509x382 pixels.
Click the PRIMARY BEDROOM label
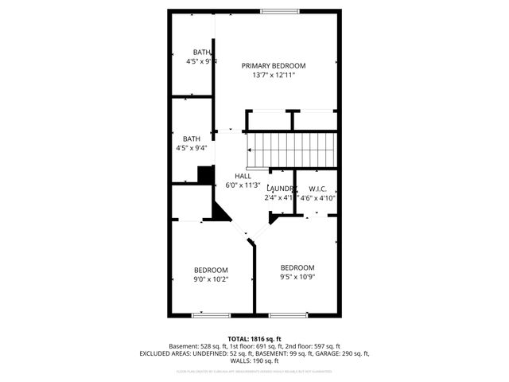pyautogui.click(x=274, y=66)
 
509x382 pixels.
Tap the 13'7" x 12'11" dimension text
pyautogui.click(x=274, y=76)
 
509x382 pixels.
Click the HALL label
pyautogui.click(x=243, y=176)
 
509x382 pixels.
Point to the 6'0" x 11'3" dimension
pyautogui.click(x=243, y=185)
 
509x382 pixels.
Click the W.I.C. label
pyautogui.click(x=317, y=189)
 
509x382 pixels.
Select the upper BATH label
pyautogui.click(x=191, y=53)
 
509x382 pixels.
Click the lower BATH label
pyautogui.click(x=191, y=138)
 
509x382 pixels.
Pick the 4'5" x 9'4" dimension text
pyautogui.click(x=191, y=148)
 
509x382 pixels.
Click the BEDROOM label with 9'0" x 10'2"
pyautogui.click(x=211, y=270)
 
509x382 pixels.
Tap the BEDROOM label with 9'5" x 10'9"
pyautogui.click(x=297, y=267)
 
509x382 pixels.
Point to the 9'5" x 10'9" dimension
pyautogui.click(x=297, y=277)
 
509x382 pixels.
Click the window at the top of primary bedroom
pyautogui.click(x=275, y=11)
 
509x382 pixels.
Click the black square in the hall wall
pyautogui.click(x=205, y=175)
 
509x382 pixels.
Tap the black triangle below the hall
pyautogui.click(x=219, y=211)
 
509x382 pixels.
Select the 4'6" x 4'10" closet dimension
pyautogui.click(x=318, y=198)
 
